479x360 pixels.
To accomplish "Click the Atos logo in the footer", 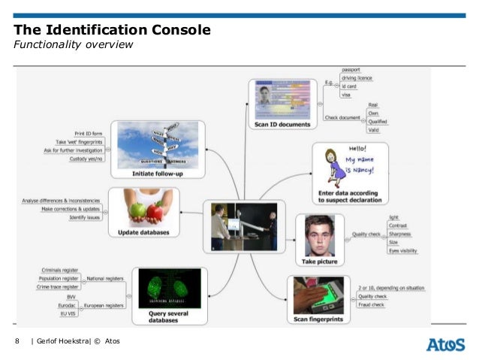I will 445,343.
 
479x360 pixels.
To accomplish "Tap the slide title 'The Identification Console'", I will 112,30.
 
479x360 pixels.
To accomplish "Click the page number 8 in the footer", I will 17,343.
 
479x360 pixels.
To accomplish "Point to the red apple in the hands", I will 154,212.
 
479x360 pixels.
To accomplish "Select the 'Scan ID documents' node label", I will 282,124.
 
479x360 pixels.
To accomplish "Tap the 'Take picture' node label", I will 319,262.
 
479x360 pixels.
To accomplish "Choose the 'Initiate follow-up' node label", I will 158,174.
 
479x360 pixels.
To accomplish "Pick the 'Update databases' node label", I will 145,233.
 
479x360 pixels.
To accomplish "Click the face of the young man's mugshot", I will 319,233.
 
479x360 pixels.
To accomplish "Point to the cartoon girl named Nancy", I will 328,165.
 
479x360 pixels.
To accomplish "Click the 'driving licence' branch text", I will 357,77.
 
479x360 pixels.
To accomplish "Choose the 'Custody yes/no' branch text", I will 87,159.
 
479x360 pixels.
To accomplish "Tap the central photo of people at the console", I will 244,225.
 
